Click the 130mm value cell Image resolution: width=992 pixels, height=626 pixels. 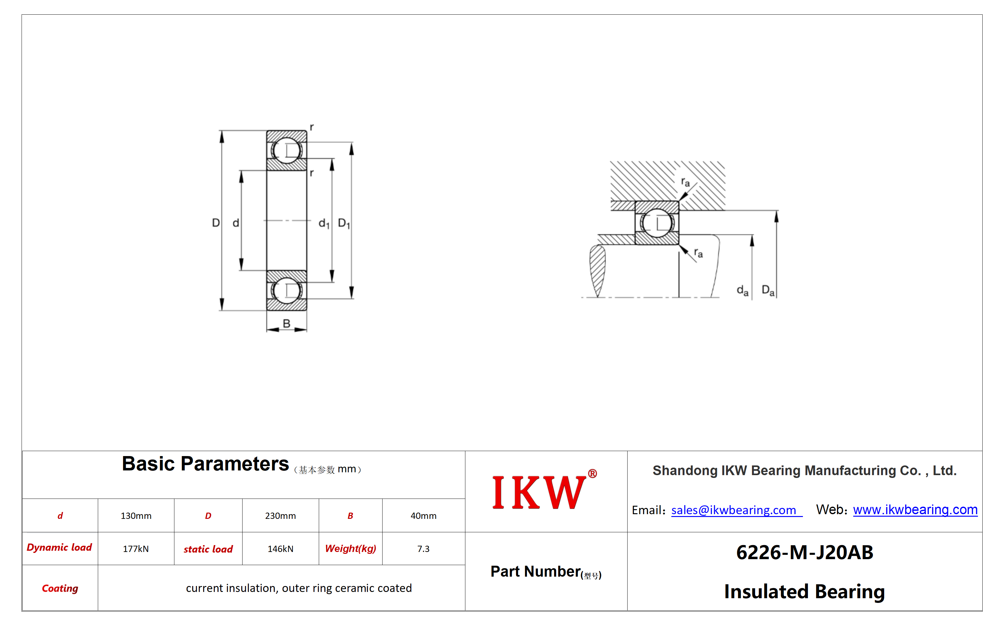tap(136, 516)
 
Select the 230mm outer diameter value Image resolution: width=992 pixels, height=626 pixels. tap(280, 516)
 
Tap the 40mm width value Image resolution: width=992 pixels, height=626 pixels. tap(423, 516)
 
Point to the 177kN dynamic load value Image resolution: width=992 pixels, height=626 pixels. tap(136, 549)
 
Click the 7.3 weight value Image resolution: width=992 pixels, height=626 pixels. tap(423, 549)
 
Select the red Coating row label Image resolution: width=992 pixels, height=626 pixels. tap(60, 589)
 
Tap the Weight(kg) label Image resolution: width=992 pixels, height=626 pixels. tap(351, 549)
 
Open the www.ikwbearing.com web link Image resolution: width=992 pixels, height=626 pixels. tap(915, 509)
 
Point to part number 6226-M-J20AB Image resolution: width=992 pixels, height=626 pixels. tap(804, 552)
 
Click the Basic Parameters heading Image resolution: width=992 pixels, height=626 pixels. tap(205, 464)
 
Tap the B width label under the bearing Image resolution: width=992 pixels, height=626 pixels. tap(286, 324)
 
